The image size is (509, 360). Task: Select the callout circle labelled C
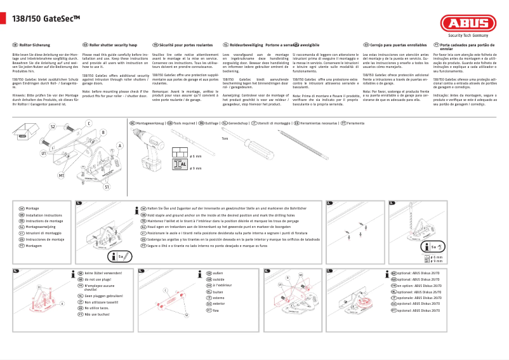pyautogui.click(x=88, y=123)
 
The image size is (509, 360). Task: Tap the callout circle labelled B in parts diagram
pyautogui.click(x=103, y=132)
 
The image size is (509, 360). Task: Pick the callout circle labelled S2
pyautogui.click(x=53, y=127)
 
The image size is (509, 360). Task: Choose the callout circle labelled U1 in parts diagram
pyautogui.click(x=44, y=153)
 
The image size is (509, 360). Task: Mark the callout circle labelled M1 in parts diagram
pyautogui.click(x=62, y=175)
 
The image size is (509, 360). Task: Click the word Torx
pyautogui.click(x=225, y=138)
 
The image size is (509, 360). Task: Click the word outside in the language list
pyautogui.click(x=218, y=279)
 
